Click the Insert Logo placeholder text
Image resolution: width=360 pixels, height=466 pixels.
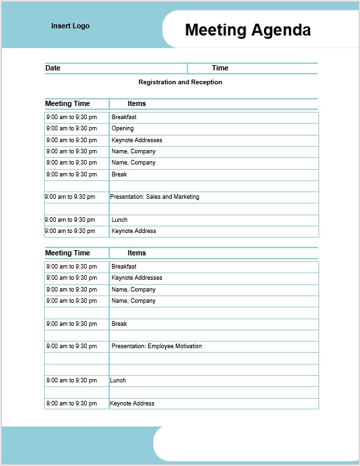click(70, 26)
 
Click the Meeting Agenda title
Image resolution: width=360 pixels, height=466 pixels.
click(247, 30)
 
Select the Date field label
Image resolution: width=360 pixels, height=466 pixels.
click(53, 68)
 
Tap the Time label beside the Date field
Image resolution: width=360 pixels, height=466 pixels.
click(220, 68)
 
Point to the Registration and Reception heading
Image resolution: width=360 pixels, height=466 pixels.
click(180, 82)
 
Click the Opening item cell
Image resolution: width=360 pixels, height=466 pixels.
click(122, 128)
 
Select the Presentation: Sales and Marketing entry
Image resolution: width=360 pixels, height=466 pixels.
click(155, 197)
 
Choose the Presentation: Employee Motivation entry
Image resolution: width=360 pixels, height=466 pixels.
click(157, 346)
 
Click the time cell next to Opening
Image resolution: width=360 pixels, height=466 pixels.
click(71, 128)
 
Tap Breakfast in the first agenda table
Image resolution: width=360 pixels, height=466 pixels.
click(124, 117)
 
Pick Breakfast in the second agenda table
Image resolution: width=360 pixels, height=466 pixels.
click(124, 267)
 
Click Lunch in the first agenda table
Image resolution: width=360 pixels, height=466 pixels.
click(119, 220)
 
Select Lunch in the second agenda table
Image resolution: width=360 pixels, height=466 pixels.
click(118, 380)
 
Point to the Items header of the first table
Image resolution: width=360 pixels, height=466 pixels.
click(137, 103)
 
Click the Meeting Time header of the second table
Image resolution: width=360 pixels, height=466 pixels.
click(67, 253)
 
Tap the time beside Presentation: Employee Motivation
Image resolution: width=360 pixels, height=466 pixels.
click(71, 346)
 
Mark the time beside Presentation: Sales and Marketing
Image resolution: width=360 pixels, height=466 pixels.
click(70, 197)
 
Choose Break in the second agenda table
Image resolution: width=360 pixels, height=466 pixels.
click(119, 324)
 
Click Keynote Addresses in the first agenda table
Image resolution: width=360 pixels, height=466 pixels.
click(137, 140)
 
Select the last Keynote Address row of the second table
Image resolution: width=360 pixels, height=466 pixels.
click(132, 403)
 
